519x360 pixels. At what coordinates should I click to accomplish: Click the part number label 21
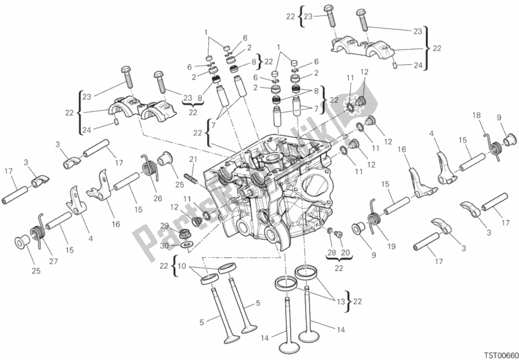(x=193, y=160)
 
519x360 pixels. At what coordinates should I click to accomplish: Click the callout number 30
(x=165, y=245)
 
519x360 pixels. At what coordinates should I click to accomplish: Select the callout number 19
(x=392, y=246)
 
